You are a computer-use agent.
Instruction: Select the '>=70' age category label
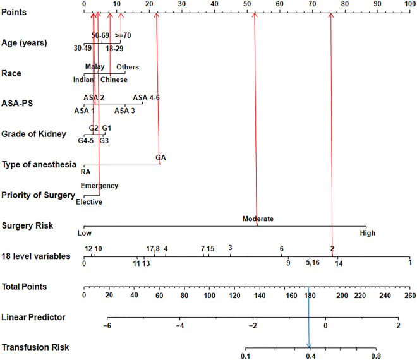123,35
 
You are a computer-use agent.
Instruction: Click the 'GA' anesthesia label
160,157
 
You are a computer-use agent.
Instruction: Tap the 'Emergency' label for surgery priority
99,186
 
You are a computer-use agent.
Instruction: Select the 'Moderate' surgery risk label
258,219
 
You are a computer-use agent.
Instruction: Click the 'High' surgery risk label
367,233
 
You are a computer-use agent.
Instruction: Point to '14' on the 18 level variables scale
339,263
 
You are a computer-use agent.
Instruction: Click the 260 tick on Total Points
409,295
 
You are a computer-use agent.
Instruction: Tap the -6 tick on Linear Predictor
108,325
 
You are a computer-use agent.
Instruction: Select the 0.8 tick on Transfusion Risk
376,356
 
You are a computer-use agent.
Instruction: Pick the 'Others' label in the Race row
127,67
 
